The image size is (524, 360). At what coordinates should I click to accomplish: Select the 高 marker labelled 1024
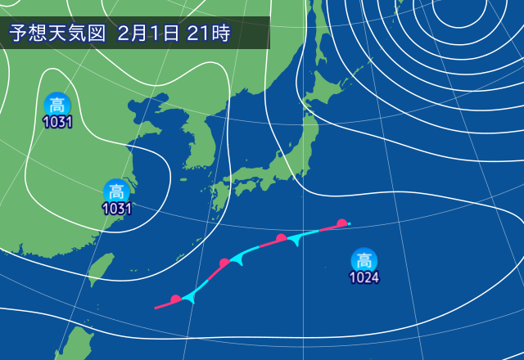coord(364,261)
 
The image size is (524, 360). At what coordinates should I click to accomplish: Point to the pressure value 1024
coord(364,278)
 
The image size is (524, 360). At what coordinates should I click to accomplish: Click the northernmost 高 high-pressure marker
coord(56,105)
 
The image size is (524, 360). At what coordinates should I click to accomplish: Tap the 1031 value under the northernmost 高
coord(57,122)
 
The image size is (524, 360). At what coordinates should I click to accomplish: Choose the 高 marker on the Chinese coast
coord(117,191)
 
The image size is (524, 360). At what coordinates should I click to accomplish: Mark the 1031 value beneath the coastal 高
coord(117,209)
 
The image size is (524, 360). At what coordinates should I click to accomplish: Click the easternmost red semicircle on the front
coord(341,223)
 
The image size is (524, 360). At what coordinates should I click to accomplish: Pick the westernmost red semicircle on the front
coord(175,299)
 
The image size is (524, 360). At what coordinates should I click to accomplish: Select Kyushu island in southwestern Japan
coord(219,197)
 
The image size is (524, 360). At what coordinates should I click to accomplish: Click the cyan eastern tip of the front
coord(348,223)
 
